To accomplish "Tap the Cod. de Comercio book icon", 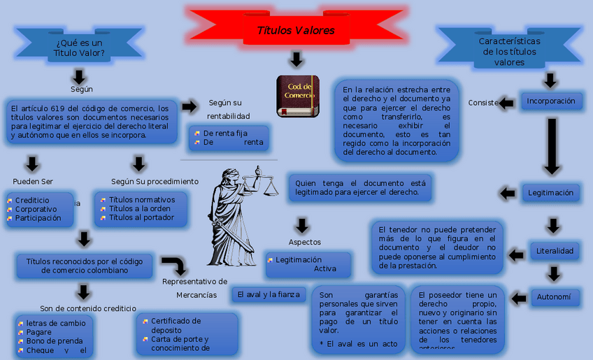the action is tap(298, 95).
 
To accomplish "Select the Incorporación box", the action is tap(551, 101).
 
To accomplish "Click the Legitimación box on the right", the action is tap(550, 193).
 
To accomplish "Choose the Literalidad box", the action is tap(554, 251).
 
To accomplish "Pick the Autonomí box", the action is tap(554, 297).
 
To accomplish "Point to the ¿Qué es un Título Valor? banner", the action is tap(78, 47).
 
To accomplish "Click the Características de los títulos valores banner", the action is tap(509, 51).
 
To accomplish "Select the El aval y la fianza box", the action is tap(269, 295).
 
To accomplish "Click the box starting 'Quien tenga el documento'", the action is tap(360, 187).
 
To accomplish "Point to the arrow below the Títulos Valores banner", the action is tap(296, 59).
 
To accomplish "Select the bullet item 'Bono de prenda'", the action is tap(55, 341).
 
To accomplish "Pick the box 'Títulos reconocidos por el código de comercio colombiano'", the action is tap(85, 266).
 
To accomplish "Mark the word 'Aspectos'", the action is tap(305, 242).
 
